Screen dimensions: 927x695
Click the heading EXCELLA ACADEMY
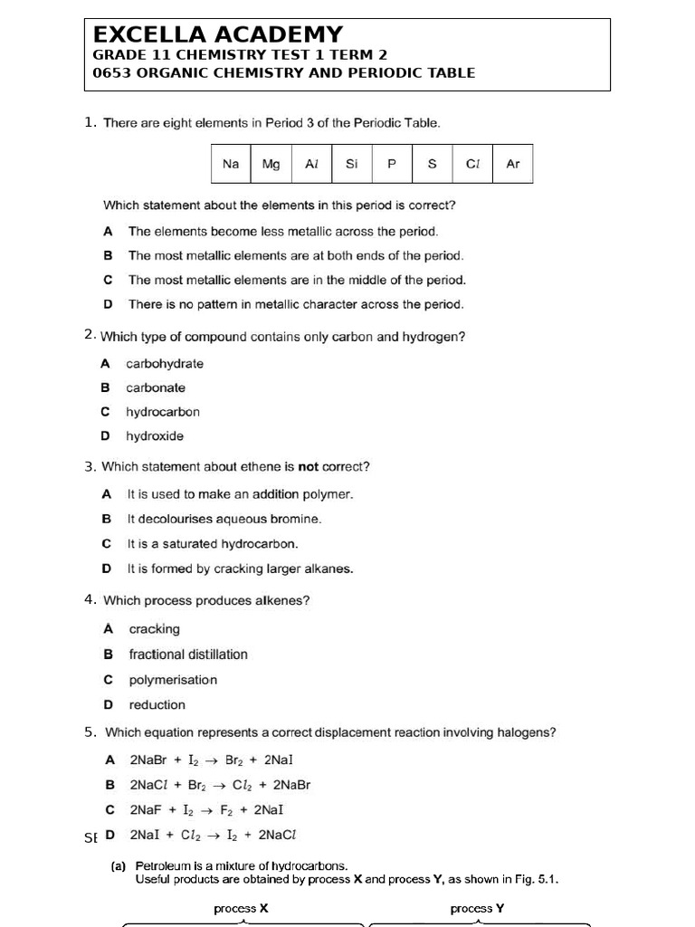pos(218,34)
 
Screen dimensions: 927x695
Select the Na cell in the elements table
pos(231,164)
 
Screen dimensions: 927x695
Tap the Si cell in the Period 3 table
pos(352,164)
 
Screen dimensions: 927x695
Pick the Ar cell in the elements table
pos(513,164)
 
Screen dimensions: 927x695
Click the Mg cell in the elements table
pos(271,164)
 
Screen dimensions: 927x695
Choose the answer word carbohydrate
pos(165,364)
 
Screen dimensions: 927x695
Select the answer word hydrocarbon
pos(163,412)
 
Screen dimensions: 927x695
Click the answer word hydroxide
pos(155,436)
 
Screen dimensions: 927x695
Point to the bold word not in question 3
pos(309,467)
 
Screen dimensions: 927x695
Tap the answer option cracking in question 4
pos(155,629)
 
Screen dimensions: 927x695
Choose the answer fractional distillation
pos(188,655)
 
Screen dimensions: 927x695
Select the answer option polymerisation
pos(173,680)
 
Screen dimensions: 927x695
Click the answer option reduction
pos(157,705)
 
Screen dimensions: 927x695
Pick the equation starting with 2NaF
pos(207,810)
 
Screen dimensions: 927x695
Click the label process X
pos(241,908)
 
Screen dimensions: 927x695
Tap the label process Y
pos(477,908)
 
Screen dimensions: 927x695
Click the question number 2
pos(89,336)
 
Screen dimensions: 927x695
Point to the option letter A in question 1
pos(108,232)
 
